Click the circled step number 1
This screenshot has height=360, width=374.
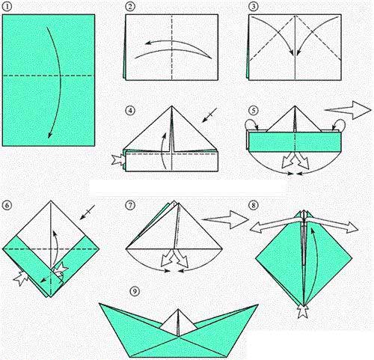(7, 7)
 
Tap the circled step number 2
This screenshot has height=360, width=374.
(130, 7)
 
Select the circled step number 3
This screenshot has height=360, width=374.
(254, 7)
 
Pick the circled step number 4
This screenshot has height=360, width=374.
(130, 111)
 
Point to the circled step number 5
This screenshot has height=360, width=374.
(254, 111)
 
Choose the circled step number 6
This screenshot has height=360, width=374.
(7, 205)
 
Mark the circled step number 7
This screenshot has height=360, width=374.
(130, 205)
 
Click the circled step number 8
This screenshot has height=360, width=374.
(254, 205)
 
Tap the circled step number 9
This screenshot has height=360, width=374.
(135, 291)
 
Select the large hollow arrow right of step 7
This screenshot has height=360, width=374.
(226, 219)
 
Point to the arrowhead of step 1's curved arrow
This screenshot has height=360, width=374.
(50, 135)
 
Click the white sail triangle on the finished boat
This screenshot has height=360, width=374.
(178, 323)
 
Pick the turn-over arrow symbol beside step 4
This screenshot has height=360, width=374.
(209, 115)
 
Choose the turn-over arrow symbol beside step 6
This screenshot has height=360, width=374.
(88, 213)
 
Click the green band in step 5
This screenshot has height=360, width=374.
(295, 141)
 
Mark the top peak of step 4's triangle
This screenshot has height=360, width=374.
(171, 106)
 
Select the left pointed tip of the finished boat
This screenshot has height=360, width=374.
(99, 303)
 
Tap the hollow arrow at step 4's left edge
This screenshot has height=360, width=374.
(118, 159)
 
